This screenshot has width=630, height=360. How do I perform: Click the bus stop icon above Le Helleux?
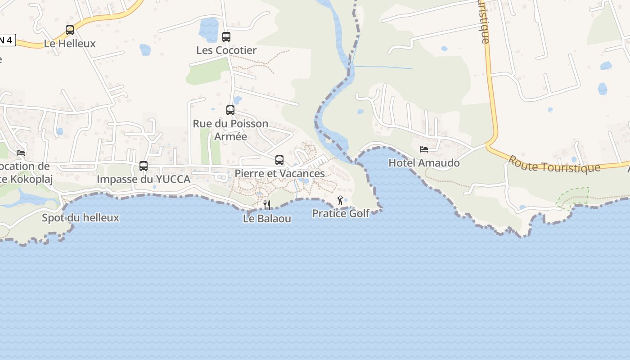coord(70,30)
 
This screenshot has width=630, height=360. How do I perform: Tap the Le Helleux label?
coord(70,44)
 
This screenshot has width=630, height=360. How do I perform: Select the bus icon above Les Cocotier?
coord(226,36)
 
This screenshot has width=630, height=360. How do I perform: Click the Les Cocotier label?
coord(226,50)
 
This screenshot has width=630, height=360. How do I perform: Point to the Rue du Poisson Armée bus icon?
coord(230,110)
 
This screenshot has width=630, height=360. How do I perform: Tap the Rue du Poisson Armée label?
coord(230,130)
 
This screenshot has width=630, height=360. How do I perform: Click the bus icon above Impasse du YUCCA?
coord(144,166)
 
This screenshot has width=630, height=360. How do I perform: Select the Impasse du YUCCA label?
coord(144,179)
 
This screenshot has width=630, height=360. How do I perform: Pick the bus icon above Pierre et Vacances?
coord(279,160)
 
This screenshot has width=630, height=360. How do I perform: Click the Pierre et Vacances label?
coord(279,173)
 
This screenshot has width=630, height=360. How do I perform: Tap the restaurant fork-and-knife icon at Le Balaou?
coord(267,205)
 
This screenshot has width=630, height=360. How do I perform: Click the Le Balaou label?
coord(267,219)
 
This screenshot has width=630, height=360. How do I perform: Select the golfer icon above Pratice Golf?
coord(340,200)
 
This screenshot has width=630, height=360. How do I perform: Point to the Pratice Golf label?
coord(341,213)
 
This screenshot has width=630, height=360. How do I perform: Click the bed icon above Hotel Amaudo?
coord(424,149)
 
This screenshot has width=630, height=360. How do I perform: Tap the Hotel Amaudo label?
coord(424,163)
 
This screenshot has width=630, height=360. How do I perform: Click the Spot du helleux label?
coord(81,218)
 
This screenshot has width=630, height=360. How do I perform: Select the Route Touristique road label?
coord(554,165)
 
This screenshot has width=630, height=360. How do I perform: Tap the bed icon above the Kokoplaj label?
coord(21,153)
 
